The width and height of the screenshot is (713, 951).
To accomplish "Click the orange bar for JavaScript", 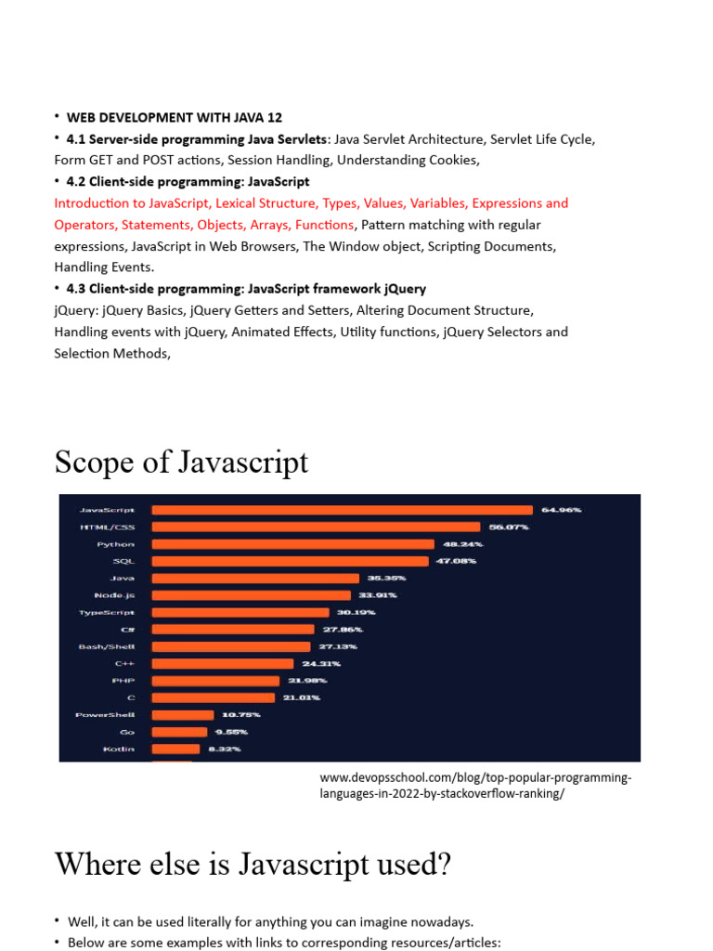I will (342, 510).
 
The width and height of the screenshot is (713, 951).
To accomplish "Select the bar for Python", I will (292, 544).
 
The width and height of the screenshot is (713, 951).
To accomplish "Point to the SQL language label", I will (123, 561).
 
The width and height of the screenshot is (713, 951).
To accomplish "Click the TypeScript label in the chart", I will (107, 612).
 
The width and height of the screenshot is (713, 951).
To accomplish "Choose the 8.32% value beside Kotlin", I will (223, 749).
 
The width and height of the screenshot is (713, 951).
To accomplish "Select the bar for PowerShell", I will (184, 715).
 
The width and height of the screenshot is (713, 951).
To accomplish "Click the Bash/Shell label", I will (107, 646).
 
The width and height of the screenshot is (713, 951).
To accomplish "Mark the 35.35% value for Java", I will (386, 579).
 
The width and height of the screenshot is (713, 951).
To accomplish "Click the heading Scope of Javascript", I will (181, 462).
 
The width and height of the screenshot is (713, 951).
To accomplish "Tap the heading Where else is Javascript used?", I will (253, 864).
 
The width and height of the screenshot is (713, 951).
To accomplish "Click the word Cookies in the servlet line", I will (450, 160).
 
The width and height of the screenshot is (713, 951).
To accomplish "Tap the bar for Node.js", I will (251, 595).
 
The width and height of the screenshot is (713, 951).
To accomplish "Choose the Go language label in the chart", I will (127, 732).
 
